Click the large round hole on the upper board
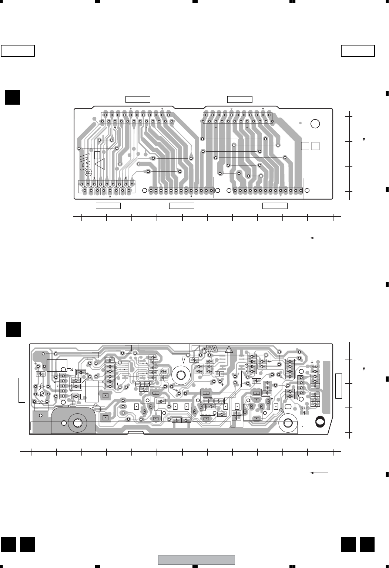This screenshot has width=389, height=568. pos(315,124)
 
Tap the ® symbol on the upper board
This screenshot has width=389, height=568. pos(88,172)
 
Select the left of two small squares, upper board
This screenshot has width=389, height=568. pos(305,146)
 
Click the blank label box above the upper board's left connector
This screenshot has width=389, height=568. pos(138,99)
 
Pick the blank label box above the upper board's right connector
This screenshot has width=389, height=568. pos(239,99)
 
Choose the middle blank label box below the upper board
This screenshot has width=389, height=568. pos(181,206)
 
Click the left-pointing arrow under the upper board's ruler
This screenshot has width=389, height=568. pos(319,238)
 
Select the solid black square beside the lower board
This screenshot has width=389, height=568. pos(13,329)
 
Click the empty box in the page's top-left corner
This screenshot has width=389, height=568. pos(18,51)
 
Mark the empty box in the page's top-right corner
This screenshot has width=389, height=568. pos(358,51)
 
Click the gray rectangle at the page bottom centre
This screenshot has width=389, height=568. pos(197,560)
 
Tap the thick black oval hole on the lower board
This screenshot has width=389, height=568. pos(319,421)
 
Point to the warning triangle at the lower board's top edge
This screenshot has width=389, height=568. pos(229,349)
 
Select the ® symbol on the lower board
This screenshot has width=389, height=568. pos(204,351)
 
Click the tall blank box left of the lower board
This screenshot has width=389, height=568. pos(22,390)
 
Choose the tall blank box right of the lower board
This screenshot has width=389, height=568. pos(339,386)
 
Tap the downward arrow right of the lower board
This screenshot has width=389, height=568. pos(364,362)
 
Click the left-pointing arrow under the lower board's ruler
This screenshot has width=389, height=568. pos(319,473)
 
